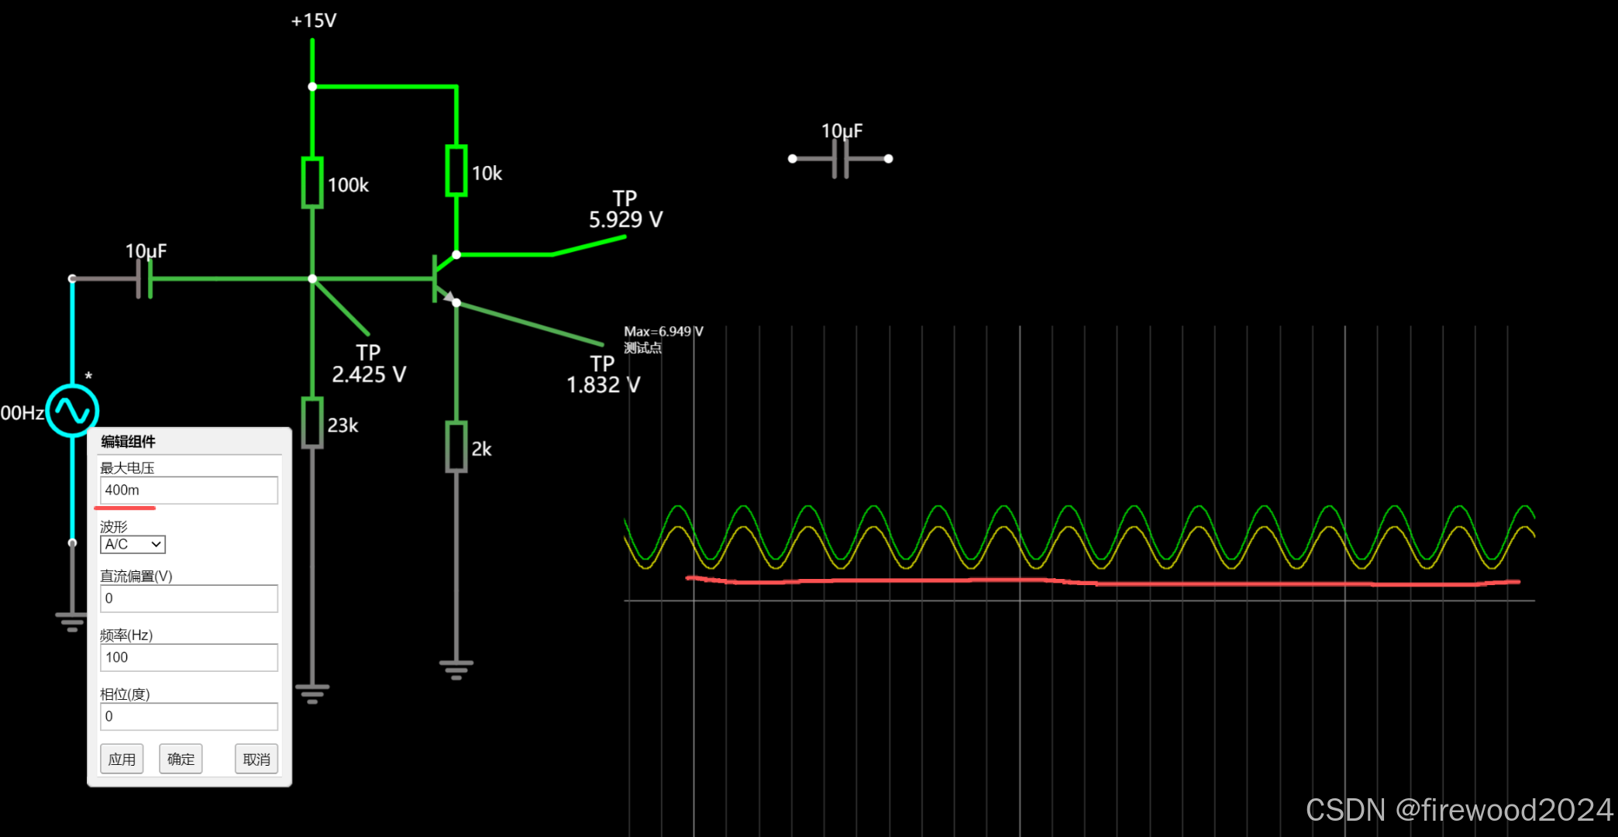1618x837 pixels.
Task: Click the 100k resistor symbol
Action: [312, 183]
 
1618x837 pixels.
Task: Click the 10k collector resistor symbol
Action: [456, 170]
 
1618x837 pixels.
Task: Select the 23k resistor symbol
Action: [312, 423]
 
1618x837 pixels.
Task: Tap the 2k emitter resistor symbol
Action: [456, 447]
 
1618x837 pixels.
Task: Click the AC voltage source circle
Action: [72, 410]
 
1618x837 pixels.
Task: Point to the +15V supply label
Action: [313, 21]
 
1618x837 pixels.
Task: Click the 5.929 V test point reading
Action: [625, 219]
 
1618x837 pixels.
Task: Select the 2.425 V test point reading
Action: [369, 374]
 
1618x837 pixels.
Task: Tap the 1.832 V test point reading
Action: [603, 384]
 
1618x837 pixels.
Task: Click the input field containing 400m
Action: [188, 491]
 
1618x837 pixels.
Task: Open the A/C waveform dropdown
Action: [133, 544]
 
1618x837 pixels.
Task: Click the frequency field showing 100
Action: [188, 657]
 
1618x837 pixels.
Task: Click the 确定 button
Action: [181, 759]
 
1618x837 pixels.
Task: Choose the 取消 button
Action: [256, 759]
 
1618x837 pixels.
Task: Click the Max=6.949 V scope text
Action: [663, 332]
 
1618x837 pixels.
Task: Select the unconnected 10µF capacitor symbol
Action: [841, 159]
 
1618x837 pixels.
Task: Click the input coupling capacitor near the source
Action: [145, 278]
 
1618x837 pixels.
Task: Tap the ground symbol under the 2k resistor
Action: [456, 669]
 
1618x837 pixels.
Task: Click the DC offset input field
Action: [188, 598]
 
